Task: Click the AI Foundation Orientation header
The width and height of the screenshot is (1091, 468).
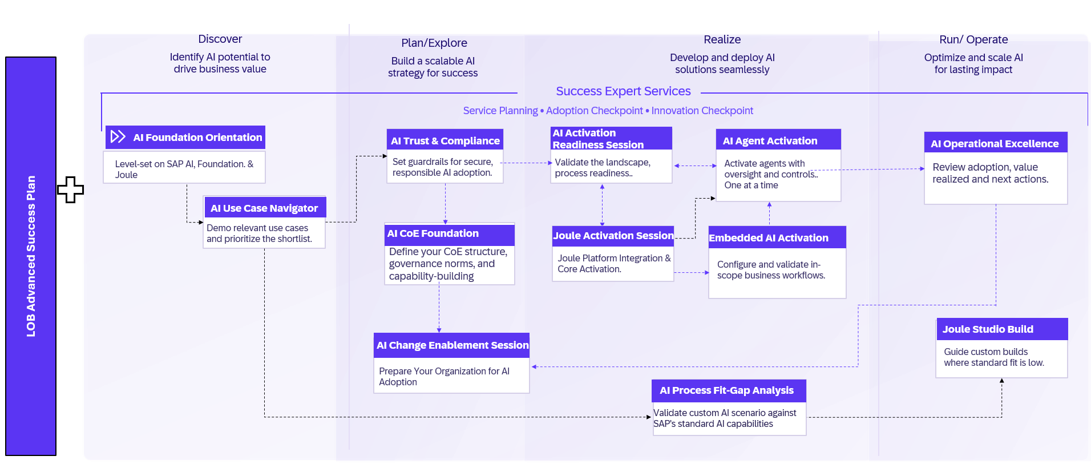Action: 197,138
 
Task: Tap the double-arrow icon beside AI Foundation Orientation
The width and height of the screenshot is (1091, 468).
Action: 118,136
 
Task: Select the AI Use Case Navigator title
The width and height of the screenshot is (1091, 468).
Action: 264,208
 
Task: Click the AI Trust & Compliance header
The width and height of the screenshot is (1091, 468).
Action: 445,141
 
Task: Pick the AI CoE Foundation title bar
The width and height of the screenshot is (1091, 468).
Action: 433,233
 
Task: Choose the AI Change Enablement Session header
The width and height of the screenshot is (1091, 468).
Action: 452,345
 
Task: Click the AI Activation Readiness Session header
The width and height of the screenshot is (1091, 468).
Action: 598,139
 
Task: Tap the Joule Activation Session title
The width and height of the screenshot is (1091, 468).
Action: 613,236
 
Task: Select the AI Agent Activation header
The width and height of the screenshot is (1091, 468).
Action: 770,141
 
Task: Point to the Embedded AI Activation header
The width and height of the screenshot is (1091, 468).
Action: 769,238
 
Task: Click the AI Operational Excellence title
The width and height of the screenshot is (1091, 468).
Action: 995,144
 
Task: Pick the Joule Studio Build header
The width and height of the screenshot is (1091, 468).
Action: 988,329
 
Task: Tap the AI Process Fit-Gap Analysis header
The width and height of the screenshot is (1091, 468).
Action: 726,390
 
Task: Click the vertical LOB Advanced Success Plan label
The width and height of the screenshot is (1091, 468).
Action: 31,256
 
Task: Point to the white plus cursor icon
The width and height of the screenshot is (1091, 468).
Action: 70,189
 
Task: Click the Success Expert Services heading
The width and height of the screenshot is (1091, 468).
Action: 623,91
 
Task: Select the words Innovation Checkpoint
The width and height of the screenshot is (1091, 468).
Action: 702,111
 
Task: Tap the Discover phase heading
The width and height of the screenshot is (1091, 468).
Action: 220,39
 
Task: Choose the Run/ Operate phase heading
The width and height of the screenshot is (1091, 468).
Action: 973,40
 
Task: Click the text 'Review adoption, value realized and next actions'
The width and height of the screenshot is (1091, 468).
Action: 991,173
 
